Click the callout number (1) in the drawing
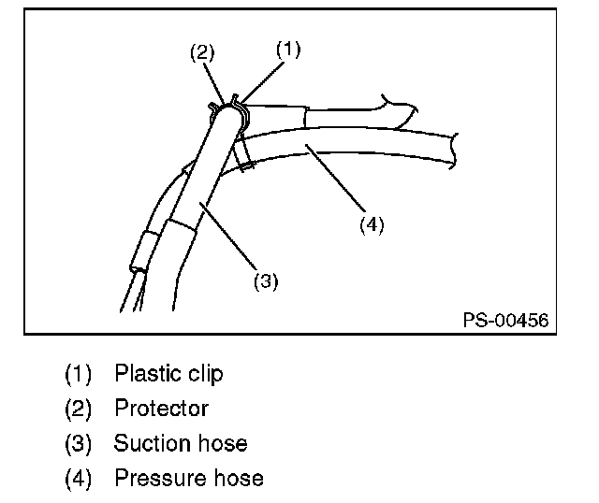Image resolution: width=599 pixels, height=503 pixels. pyautogui.click(x=288, y=50)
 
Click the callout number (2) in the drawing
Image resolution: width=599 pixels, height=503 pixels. pyautogui.click(x=202, y=53)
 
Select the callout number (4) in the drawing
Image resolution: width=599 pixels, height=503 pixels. pyautogui.click(x=373, y=224)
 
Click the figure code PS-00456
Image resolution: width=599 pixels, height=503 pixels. pyautogui.click(x=505, y=320)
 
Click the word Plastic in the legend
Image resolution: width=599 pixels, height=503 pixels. pyautogui.click(x=143, y=375)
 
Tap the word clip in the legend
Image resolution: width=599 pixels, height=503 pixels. pyautogui.click(x=201, y=375)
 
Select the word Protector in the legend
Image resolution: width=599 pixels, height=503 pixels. pyautogui.click(x=161, y=409)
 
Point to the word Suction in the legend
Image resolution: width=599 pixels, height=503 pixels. pyautogui.click(x=150, y=443)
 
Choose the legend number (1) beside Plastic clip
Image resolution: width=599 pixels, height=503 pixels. pyautogui.click(x=79, y=375)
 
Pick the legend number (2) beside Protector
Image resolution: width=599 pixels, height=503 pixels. pyautogui.click(x=79, y=409)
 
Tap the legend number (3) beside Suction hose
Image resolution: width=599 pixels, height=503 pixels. pyautogui.click(x=79, y=443)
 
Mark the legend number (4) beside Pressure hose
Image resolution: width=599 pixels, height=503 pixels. pyautogui.click(x=79, y=478)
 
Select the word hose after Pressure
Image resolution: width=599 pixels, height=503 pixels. pyautogui.click(x=238, y=478)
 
